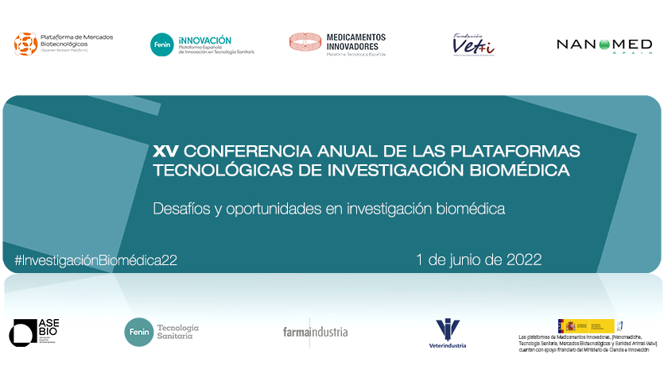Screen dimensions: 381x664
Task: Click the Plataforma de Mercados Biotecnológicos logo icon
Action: (25, 44)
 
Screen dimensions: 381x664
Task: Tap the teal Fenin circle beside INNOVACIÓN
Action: (161, 44)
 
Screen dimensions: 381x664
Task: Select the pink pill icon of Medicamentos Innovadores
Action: (305, 42)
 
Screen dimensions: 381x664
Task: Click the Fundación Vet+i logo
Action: (472, 45)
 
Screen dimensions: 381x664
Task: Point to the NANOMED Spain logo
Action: (604, 45)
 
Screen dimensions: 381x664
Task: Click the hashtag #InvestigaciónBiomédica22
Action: (95, 260)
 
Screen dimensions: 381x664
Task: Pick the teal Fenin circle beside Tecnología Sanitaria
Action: (138, 332)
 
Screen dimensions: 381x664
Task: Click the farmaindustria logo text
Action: (315, 332)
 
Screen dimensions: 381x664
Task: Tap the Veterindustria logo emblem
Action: (447, 329)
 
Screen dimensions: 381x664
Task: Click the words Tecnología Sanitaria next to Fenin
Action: (177, 332)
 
